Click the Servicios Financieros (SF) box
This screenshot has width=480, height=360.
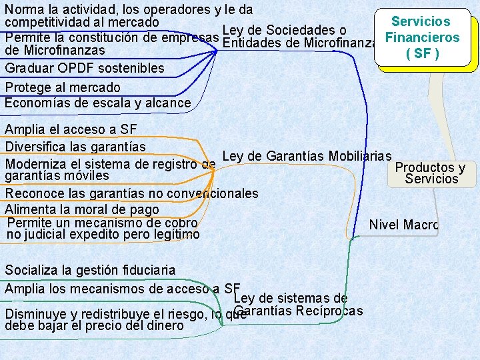pyautogui.click(x=422, y=38)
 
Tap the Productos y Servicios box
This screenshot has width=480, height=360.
pyautogui.click(x=430, y=173)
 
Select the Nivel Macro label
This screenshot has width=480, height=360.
pyautogui.click(x=403, y=225)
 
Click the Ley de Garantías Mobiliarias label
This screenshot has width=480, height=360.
pyautogui.click(x=307, y=157)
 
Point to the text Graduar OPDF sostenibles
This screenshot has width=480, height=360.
pyautogui.click(x=85, y=68)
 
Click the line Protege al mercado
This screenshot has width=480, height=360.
pyautogui.click(x=63, y=87)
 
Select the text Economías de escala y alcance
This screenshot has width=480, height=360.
pyautogui.click(x=97, y=103)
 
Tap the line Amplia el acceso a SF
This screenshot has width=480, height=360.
pyautogui.click(x=70, y=129)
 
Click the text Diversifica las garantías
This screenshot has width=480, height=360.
pyautogui.click(x=75, y=145)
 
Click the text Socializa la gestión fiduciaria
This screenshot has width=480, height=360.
pyautogui.click(x=90, y=270)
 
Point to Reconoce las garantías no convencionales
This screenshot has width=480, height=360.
pyautogui.click(x=131, y=193)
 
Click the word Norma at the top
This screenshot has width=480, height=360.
pyautogui.click(x=21, y=9)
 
